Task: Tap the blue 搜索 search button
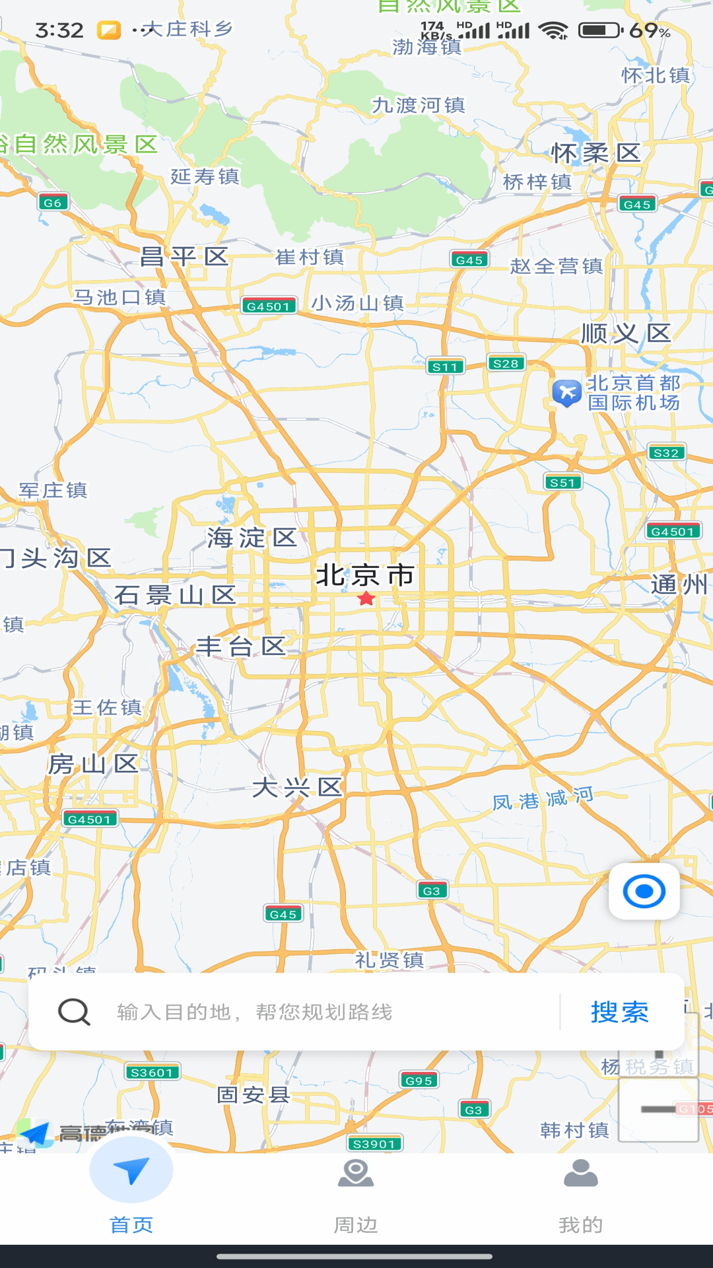[619, 1012]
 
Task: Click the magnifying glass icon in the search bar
[74, 1012]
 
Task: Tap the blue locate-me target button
[644, 892]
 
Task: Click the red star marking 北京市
[366, 599]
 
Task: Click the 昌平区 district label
[184, 256]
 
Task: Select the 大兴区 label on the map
[297, 787]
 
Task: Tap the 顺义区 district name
[626, 334]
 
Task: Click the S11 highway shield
[445, 367]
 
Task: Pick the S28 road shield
[506, 363]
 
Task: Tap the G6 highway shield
[53, 203]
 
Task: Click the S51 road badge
[562, 483]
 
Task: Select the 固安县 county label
[254, 1095]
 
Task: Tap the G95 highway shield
[419, 1080]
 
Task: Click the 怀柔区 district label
[596, 153]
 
